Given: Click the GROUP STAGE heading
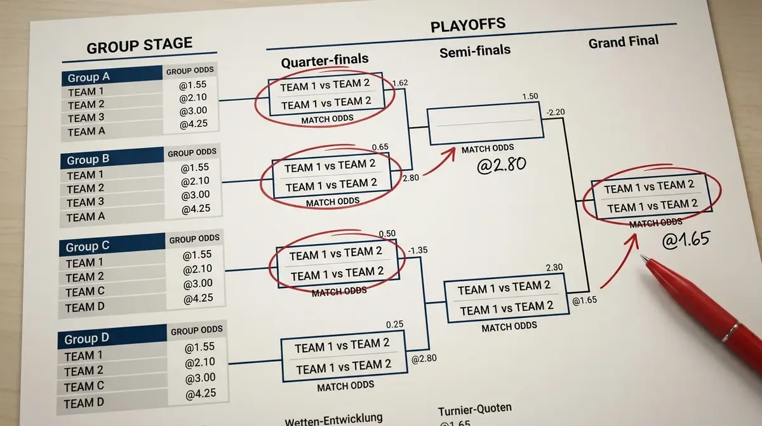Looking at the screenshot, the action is pos(140,45).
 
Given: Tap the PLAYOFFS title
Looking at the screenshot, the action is pos(468,25).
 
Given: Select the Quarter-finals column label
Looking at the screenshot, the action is pos(324,60).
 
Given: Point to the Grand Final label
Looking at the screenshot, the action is pos(624,42).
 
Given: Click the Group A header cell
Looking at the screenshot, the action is pos(112,76).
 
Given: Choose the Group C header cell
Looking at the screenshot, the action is pos(112,245).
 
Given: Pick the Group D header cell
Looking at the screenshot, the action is pos(112,337).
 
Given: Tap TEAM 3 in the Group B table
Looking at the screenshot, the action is pos(85,202).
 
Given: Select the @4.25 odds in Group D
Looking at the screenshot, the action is pos(201,394).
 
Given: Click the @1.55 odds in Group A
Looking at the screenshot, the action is pos(193,85).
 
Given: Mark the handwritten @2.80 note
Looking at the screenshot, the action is pos(501,165).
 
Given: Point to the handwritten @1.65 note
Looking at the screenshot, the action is pos(686,239).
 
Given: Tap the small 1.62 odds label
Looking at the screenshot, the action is pos(399,83).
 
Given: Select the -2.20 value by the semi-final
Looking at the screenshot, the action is pos(556,112).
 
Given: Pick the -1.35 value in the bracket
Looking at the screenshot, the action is pos(418,251).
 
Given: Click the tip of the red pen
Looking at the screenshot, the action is pos(642,256).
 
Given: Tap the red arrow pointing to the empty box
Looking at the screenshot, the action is pos(439,163).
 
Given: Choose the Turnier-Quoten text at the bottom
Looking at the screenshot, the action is pos(475,409).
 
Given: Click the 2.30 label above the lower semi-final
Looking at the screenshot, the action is pos(554,268).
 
